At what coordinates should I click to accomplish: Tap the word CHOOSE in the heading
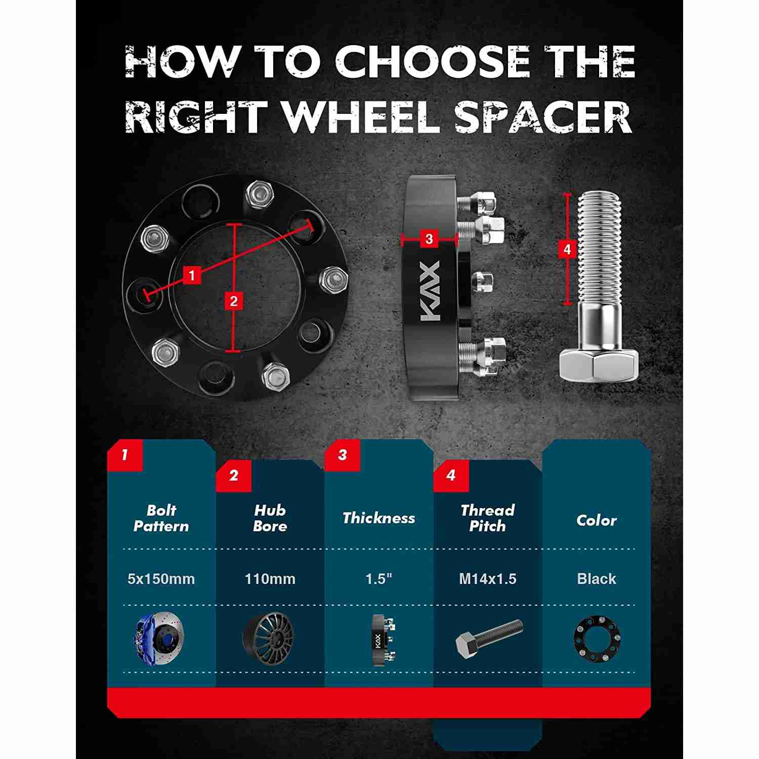(433, 62)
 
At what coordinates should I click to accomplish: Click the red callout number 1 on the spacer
(192, 276)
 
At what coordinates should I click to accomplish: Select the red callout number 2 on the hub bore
(233, 302)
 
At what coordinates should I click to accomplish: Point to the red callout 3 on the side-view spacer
(429, 238)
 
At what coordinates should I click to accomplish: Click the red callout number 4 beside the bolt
(567, 249)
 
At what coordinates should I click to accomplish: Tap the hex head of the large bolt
(599, 365)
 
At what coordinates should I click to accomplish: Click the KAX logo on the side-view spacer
(431, 292)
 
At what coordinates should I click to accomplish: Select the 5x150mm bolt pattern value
(161, 579)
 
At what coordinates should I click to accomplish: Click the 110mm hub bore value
(270, 579)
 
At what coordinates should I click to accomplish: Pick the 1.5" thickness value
(379, 579)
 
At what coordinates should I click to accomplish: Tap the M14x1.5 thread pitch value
(488, 579)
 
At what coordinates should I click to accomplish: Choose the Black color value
(597, 579)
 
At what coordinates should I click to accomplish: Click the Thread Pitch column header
(488, 518)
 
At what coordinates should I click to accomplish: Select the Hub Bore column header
(270, 518)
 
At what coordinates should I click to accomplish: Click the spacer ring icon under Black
(597, 638)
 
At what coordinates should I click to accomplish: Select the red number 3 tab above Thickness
(342, 454)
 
